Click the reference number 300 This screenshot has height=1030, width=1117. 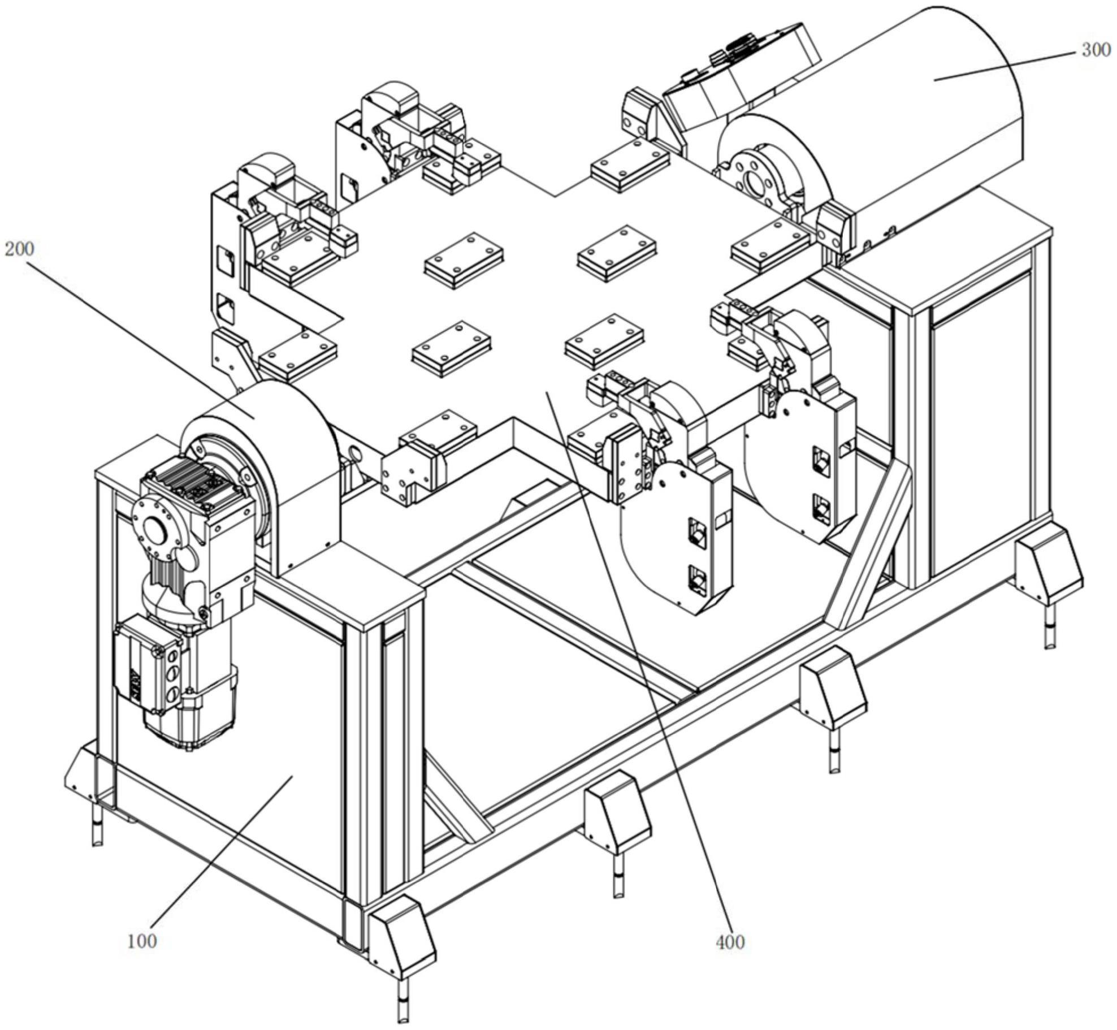(x=1095, y=50)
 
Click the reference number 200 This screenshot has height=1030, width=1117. (x=19, y=249)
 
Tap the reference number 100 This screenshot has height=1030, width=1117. (x=142, y=941)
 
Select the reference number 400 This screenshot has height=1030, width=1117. (x=730, y=942)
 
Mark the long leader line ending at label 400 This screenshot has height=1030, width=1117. (x=639, y=667)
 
